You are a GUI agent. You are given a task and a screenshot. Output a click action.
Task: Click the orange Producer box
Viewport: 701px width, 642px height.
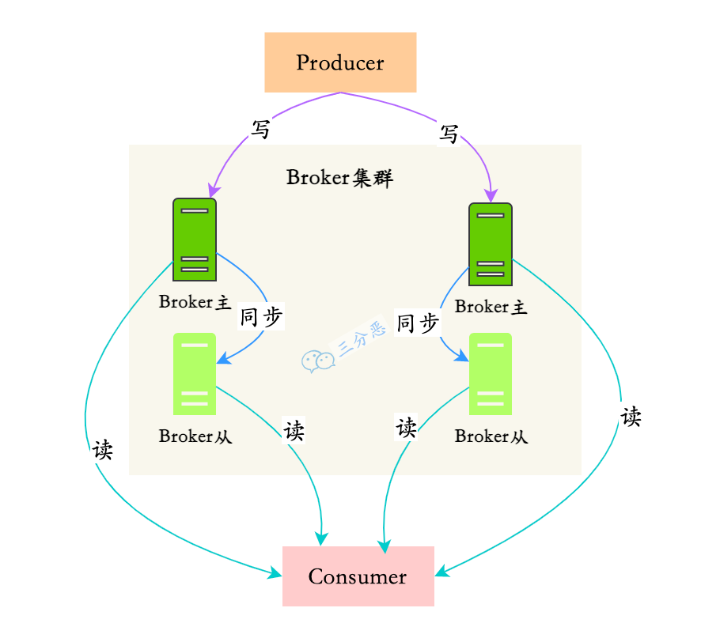pos(340,62)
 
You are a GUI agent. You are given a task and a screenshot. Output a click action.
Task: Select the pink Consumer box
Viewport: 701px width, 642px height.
pos(358,576)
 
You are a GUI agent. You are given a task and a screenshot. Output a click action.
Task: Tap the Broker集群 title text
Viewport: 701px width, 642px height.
pos(339,177)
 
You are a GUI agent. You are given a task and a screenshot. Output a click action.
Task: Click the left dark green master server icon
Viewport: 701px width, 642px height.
pos(195,239)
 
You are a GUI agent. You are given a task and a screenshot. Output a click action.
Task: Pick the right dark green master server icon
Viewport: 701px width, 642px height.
pos(491,244)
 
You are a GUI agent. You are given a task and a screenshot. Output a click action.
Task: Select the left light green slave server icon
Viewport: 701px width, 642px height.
pos(195,374)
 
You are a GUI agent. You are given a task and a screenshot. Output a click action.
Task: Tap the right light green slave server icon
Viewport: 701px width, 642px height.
pos(491,374)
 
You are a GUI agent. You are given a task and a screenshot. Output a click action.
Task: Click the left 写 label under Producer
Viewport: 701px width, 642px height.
pos(260,130)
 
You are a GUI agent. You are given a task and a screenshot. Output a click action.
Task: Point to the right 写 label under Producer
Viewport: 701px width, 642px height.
pos(449,134)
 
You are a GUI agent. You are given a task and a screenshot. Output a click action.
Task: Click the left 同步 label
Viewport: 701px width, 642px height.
pos(261,318)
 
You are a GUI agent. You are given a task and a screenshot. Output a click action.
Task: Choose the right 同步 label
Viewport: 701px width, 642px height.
pos(418,323)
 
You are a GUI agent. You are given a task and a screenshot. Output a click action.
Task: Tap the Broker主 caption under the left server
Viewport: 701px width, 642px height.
pos(195,302)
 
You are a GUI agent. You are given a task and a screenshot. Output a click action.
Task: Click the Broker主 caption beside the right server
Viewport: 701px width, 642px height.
pos(491,307)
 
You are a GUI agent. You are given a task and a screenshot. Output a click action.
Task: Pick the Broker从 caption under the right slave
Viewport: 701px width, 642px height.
pos(491,436)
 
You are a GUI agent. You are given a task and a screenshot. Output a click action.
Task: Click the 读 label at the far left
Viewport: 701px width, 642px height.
pos(103,451)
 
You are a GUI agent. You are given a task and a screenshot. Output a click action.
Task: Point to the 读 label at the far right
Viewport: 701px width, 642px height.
pos(631,417)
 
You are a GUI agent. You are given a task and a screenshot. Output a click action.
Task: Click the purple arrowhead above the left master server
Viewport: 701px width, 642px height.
pos(212,191)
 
